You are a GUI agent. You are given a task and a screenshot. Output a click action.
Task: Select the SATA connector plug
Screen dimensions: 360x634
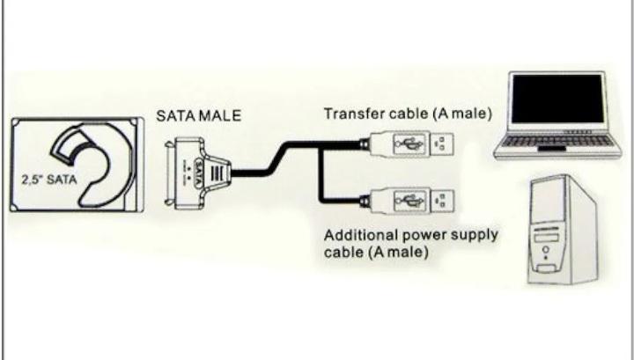tap(195, 169)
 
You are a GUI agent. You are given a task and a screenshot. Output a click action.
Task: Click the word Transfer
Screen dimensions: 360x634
tap(349, 114)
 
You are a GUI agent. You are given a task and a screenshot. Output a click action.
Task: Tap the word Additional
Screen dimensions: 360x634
tap(354, 236)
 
